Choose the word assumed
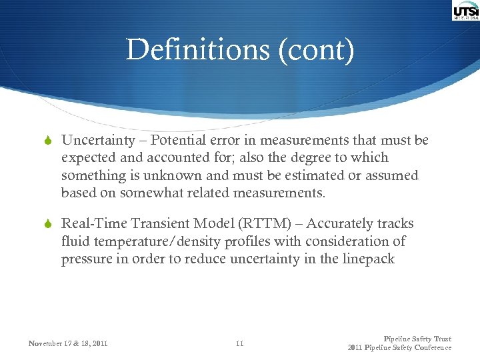coord(390,176)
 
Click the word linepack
coord(366,259)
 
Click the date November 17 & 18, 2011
coord(68,344)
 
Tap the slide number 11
coord(240,344)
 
